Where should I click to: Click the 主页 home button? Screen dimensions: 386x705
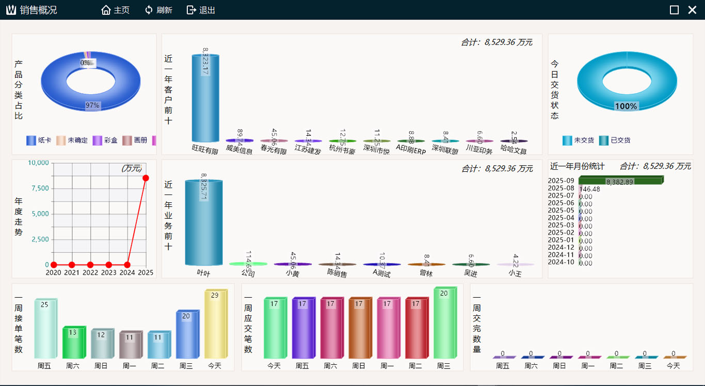point(116,10)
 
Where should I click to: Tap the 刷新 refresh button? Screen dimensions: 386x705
point(158,10)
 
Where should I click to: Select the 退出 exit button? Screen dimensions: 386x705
point(201,10)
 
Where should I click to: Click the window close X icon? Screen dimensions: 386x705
point(692,10)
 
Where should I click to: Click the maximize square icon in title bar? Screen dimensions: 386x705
point(674,10)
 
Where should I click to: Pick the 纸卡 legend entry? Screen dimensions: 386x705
point(39,140)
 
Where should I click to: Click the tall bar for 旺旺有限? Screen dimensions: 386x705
point(205,98)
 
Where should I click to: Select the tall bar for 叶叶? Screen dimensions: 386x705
point(203,222)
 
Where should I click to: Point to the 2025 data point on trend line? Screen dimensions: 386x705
point(146,178)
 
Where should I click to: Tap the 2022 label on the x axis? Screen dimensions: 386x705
point(90,272)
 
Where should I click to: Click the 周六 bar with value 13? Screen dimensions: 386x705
point(72,343)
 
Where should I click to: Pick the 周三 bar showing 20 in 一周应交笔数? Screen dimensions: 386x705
point(444,323)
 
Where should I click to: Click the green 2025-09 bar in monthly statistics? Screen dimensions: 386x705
point(619,180)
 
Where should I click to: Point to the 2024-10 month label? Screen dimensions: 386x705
point(561,262)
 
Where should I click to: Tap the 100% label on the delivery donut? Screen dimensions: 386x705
point(626,106)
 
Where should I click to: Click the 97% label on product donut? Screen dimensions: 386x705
point(92,105)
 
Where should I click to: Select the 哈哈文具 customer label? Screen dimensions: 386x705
point(514,151)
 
